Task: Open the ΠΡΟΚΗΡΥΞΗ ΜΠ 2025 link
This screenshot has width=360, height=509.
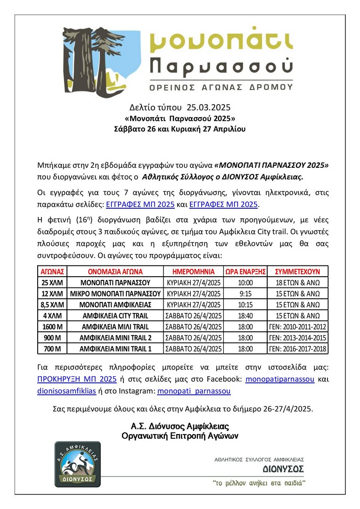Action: tap(76, 379)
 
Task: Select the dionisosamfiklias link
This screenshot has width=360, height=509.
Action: tap(67, 391)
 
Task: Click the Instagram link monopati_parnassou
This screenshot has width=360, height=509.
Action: tap(194, 391)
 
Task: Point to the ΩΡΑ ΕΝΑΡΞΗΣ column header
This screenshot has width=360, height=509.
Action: tap(245, 271)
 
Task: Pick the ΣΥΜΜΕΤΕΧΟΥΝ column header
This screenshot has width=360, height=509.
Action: tap(297, 271)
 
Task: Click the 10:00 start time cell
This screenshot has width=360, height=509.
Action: tap(245, 283)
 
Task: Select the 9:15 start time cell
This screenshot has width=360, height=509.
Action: tap(245, 294)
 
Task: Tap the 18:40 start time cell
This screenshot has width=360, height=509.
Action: tap(245, 316)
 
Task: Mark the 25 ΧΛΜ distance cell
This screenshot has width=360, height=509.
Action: tap(53, 283)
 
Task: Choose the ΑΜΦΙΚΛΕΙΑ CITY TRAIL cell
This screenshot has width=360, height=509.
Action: tap(115, 316)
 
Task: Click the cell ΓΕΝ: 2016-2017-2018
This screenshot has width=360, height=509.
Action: tap(297, 349)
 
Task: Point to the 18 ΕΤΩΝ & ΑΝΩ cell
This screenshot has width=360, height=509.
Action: tap(297, 283)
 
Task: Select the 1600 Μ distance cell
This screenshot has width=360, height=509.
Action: tap(53, 327)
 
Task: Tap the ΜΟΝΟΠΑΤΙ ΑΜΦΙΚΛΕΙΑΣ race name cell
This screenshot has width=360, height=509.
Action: tap(115, 304)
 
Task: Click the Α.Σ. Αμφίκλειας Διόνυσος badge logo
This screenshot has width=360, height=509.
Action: tap(77, 464)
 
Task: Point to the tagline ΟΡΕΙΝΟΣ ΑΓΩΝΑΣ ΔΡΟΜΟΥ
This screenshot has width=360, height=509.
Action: tap(221, 87)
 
